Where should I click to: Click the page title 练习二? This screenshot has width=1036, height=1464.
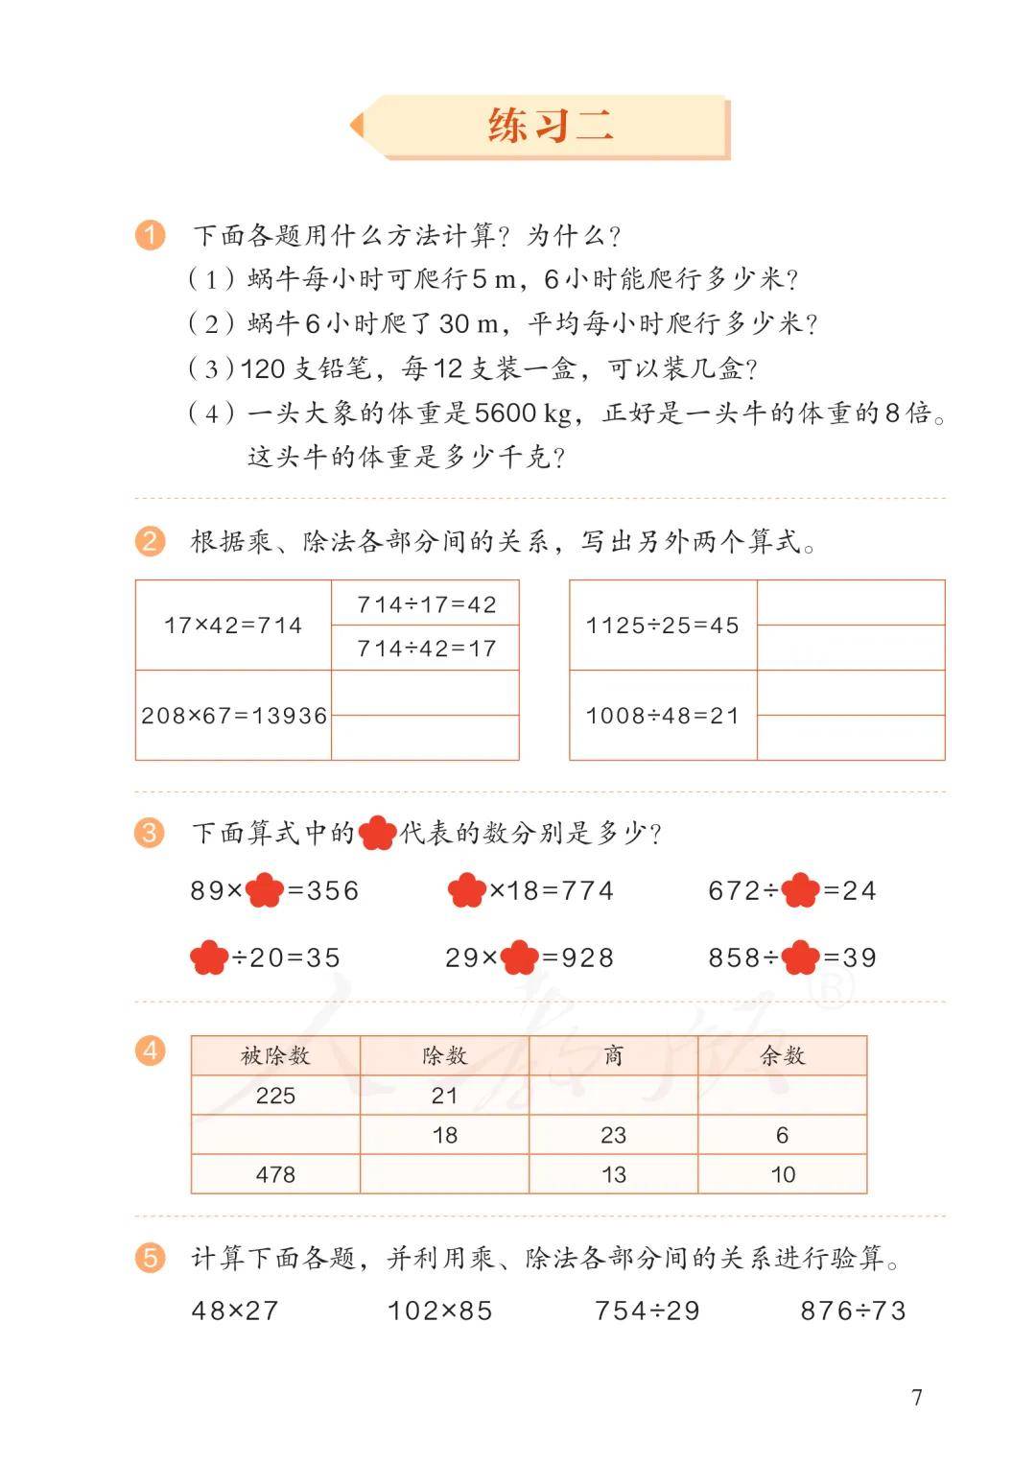[550, 126]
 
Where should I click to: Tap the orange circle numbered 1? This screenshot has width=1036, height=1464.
[151, 235]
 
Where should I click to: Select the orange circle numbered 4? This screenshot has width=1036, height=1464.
[151, 1051]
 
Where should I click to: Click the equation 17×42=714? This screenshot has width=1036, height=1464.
[233, 626]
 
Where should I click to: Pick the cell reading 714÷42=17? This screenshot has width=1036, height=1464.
[426, 649]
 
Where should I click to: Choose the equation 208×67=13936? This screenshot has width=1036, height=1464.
[234, 716]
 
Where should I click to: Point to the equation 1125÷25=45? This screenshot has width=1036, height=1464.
[663, 626]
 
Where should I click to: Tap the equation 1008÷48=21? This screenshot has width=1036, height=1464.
[663, 716]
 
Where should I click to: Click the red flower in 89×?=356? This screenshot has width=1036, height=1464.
[265, 891]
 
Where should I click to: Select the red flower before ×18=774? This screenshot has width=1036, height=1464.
[467, 891]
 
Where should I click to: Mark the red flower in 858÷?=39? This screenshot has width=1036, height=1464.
[801, 957]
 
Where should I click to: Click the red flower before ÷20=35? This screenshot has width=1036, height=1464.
[209, 957]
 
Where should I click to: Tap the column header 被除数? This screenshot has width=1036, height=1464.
[275, 1056]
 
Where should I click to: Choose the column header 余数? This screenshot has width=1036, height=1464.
[782, 1056]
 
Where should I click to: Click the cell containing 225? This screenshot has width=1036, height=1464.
[275, 1096]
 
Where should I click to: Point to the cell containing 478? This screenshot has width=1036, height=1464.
[275, 1174]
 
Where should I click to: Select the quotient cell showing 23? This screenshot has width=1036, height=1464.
[613, 1135]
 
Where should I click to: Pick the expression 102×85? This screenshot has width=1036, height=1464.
[439, 1311]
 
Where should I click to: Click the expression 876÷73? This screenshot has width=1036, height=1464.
[853, 1311]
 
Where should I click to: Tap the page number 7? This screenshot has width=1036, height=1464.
[916, 1397]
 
